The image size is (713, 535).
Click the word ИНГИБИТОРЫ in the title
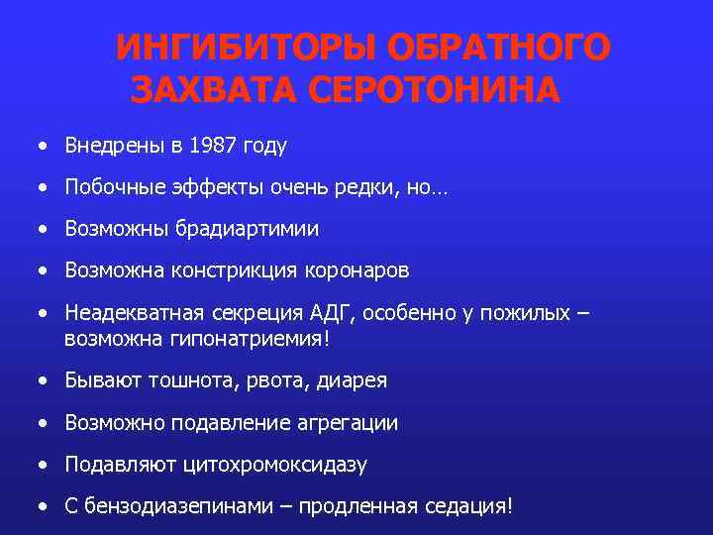tap(247, 49)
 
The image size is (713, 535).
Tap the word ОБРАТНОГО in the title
tap(500, 49)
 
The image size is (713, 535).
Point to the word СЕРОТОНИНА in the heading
tap(435, 90)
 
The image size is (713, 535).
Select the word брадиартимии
tap(248, 229)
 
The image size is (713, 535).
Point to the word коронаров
tap(358, 269)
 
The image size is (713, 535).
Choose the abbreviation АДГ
tap(331, 313)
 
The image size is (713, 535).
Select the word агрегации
tap(347, 423)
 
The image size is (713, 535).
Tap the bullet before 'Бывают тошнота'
tap(44, 380)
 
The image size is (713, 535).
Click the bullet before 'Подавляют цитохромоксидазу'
tap(44, 465)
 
